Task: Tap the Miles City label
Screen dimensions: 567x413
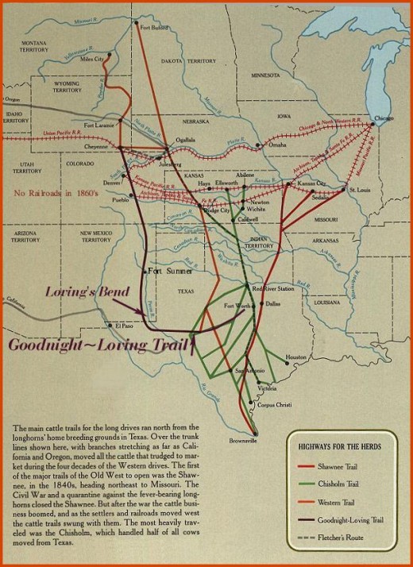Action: pyautogui.click(x=93, y=59)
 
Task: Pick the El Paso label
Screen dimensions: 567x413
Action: pyautogui.click(x=125, y=325)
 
